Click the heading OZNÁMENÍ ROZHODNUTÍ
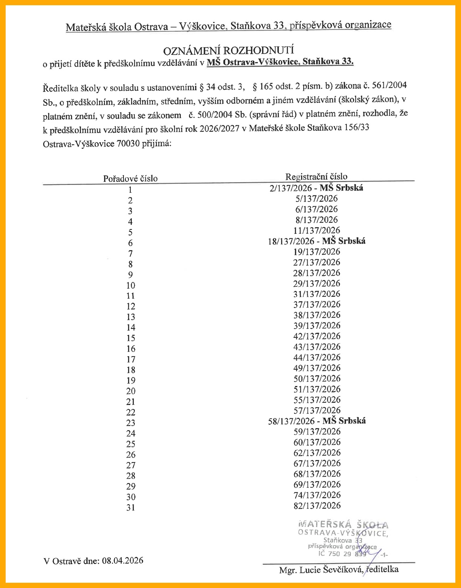[x=229, y=51]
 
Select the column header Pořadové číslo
[x=130, y=178]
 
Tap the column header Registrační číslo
[x=316, y=176]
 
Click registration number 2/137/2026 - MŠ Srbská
[x=316, y=188]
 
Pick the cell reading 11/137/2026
[x=316, y=230]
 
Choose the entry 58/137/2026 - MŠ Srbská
[x=316, y=420]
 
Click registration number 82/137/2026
[x=316, y=505]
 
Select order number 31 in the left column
[x=130, y=508]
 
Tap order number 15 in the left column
[x=130, y=338]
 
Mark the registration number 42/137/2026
[x=316, y=336]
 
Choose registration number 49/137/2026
[x=316, y=367]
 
